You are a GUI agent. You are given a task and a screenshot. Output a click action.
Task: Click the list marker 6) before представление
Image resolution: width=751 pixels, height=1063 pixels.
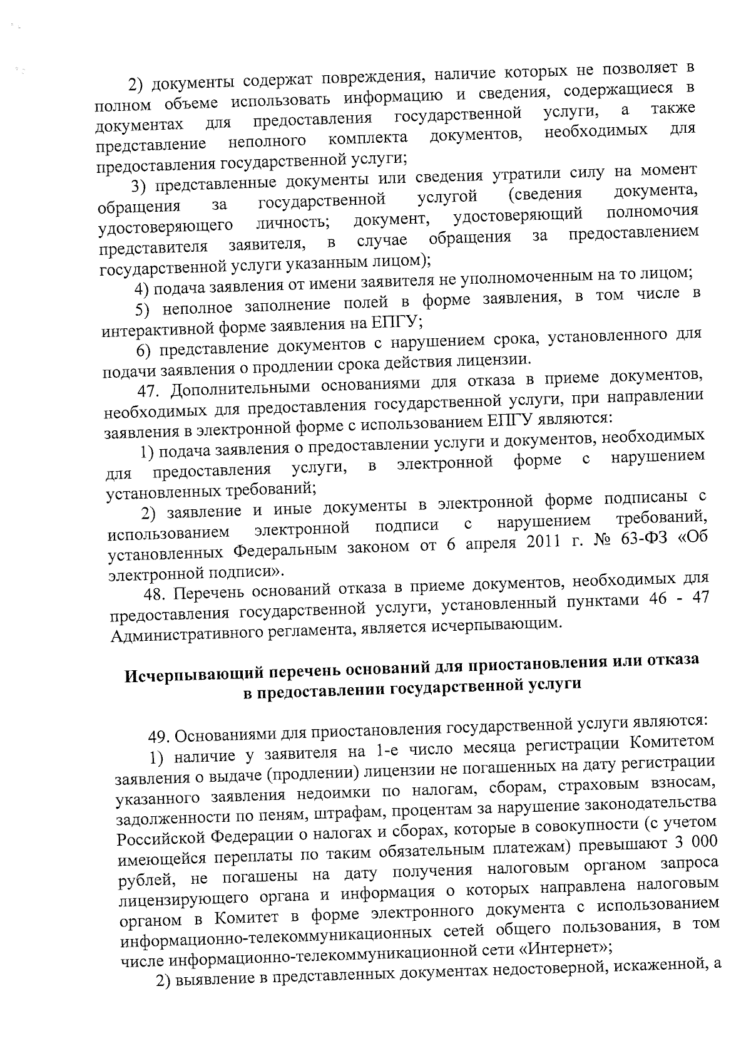tap(146, 349)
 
